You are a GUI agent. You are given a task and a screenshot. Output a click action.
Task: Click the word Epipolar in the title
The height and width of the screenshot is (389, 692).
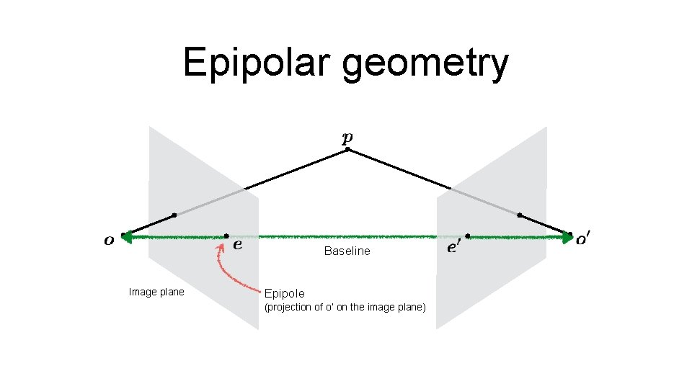pos(257,63)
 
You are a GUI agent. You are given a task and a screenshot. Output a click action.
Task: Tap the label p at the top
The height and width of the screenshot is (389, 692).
pos(347,138)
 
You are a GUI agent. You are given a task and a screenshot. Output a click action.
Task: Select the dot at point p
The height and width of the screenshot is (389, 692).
pos(347,150)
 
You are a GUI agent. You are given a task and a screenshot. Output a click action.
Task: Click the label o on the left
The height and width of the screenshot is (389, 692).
pos(109,240)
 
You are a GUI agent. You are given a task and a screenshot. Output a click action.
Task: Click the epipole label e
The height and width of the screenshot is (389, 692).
pos(238,245)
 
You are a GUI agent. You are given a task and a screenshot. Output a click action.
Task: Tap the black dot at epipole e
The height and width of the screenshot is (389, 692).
pos(226,236)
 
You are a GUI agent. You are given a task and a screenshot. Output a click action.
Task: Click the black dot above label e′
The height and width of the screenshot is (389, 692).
pos(468,236)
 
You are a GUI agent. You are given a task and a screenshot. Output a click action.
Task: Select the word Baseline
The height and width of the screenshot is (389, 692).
pos(347,251)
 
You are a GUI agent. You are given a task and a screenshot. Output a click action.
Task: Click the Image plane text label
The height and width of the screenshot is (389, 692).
pos(156,292)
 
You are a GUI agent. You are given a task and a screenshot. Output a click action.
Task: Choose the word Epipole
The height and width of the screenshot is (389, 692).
pos(285,293)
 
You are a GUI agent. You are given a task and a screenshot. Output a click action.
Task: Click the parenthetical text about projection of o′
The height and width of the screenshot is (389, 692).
pos(345,308)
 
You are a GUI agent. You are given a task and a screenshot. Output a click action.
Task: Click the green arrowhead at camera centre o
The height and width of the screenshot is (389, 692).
pos(128,236)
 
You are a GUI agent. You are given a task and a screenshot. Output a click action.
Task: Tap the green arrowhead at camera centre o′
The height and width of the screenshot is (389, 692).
pos(567,236)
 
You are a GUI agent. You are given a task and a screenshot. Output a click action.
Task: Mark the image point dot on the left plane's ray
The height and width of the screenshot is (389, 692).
pos(174,215)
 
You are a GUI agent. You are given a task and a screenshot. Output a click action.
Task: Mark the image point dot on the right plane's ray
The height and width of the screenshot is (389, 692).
pos(520,215)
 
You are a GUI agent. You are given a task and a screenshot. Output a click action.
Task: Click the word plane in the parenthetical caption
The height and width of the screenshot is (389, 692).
pos(411,308)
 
